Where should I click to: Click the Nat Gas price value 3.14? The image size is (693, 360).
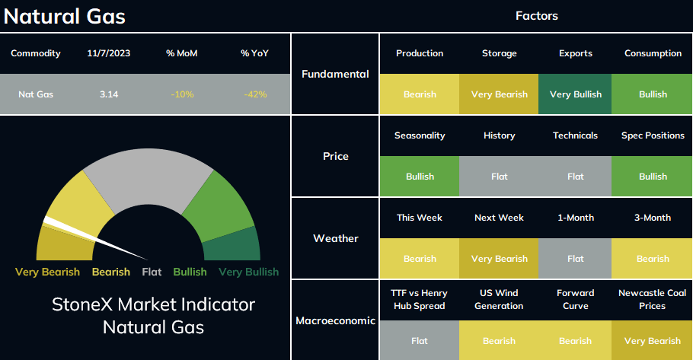click(x=109, y=94)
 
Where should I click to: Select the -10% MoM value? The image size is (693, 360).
click(x=182, y=94)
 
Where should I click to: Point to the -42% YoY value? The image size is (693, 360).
click(x=255, y=94)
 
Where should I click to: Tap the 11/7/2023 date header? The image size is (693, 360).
click(x=109, y=53)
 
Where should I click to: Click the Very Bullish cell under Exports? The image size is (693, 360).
click(x=576, y=94)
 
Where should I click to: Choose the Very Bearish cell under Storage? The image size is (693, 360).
click(x=499, y=94)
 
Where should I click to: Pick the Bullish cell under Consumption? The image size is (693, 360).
click(x=653, y=94)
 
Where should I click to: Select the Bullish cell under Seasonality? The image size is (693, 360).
click(x=420, y=177)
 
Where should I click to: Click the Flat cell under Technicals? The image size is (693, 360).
click(x=576, y=177)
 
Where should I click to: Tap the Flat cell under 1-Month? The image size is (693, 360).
click(x=576, y=259)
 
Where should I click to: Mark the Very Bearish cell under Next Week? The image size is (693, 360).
click(x=499, y=259)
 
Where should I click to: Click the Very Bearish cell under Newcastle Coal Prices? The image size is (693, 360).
click(x=653, y=340)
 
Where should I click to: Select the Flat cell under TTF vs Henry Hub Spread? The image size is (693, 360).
click(x=420, y=340)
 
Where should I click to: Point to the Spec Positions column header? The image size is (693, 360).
click(x=653, y=135)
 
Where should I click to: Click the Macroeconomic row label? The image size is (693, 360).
click(x=335, y=320)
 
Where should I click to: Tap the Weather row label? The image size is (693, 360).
click(x=335, y=238)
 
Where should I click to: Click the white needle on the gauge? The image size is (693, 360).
click(x=95, y=237)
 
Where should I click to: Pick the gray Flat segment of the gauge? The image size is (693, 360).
click(x=148, y=177)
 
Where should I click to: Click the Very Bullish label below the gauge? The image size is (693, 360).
click(x=248, y=272)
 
